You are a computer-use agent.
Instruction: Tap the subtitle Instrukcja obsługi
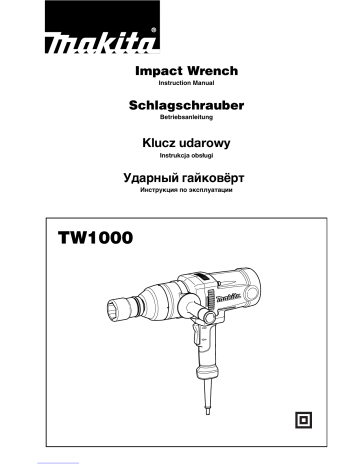(181, 158)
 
